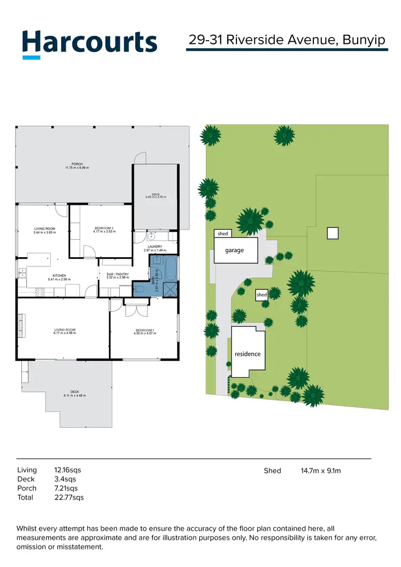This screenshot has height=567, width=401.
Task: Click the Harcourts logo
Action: [89, 43]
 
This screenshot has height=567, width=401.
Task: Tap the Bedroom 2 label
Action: [104, 229]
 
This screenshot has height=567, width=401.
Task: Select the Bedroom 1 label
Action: [144, 332]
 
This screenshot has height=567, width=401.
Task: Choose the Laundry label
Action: [155, 248]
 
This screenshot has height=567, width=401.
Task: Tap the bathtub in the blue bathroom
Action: [170, 269]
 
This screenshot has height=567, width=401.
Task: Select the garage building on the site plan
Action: [236, 250]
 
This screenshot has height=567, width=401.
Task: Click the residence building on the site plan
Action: [248, 354]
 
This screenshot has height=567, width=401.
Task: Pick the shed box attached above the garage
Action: [223, 234]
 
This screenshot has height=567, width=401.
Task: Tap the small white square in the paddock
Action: [332, 233]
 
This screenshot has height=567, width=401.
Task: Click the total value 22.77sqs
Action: [69, 497]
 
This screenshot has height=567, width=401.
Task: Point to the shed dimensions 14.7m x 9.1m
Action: [321, 471]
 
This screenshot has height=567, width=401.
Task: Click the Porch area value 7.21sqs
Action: [66, 488]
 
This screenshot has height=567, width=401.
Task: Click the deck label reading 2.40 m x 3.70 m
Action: [156, 196]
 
